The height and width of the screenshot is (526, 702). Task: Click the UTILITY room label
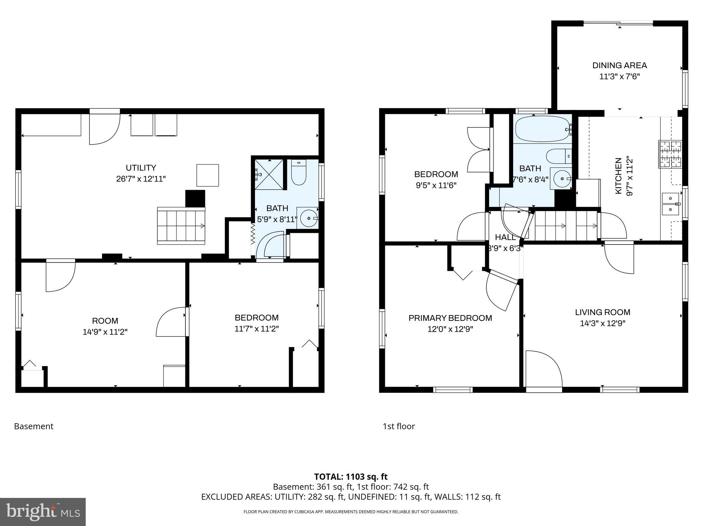pos(141,168)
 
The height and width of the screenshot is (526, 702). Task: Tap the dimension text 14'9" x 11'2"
pos(105,332)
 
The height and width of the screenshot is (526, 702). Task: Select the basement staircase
pos(181,226)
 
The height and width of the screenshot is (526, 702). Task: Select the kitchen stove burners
pos(670,154)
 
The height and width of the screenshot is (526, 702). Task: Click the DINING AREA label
pos(619,65)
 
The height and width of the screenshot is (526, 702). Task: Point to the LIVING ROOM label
pos(603,312)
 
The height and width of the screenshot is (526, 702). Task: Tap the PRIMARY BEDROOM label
pos(450,318)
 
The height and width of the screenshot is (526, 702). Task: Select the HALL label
pos(505,237)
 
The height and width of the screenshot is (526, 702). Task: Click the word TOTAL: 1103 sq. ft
pos(351,477)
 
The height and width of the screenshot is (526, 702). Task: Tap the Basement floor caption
pos(34,426)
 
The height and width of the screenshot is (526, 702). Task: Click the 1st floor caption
pos(399,426)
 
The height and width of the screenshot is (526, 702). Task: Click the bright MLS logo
pos(43,512)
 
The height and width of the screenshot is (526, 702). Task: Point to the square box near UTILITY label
pos(207,175)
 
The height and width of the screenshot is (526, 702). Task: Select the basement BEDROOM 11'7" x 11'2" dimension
pos(256,329)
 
